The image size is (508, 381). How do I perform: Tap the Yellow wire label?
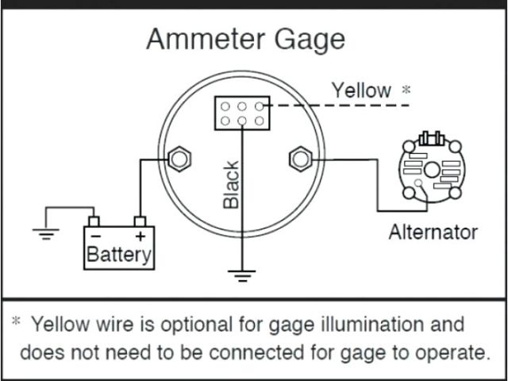pos(361,90)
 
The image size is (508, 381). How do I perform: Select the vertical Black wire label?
pos(231,184)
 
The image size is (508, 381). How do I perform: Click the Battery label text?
pos(119,255)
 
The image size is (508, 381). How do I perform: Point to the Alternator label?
pos(433,232)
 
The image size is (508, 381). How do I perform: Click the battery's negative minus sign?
pos(95,237)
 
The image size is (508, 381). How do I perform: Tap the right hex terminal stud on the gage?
pos(300,159)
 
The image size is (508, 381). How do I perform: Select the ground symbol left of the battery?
pos(44,233)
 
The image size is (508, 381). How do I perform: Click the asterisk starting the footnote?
pos(16,322)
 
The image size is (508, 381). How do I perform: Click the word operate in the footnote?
pos(452,352)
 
